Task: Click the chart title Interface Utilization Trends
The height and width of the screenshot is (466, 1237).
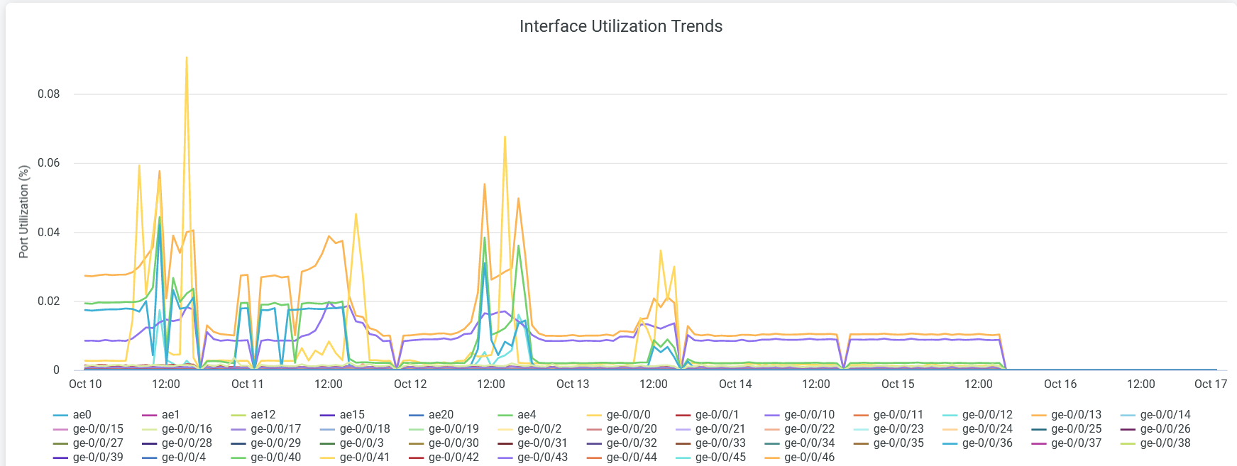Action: (620, 26)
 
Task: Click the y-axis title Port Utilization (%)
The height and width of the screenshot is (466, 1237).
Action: (24, 211)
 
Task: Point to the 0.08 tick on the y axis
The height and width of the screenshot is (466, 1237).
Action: (48, 94)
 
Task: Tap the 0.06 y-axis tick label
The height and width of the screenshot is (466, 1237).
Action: (48, 163)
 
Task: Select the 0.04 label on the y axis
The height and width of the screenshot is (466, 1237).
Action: (48, 233)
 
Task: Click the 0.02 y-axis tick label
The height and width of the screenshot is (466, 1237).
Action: (48, 301)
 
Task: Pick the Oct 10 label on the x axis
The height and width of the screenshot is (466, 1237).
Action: (85, 384)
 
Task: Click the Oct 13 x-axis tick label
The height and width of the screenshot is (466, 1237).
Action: (573, 384)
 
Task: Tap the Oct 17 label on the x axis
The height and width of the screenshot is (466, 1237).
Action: (1210, 384)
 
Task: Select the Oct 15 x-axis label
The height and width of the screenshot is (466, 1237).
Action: (898, 384)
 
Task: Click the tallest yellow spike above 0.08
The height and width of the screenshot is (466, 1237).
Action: (187, 58)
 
